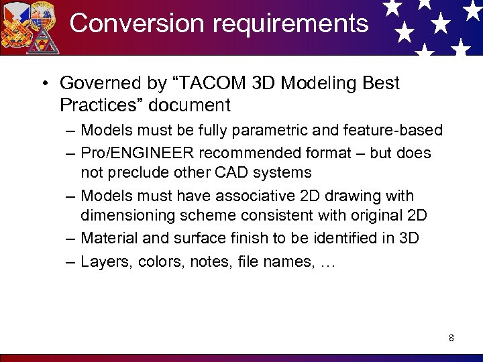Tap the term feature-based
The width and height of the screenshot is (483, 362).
point(394,130)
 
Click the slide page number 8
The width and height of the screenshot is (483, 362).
point(451,338)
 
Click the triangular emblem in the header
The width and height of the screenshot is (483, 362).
point(44,40)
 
